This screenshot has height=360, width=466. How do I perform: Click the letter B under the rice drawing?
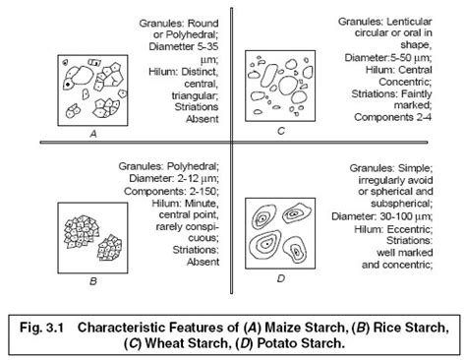(x=91, y=283)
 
